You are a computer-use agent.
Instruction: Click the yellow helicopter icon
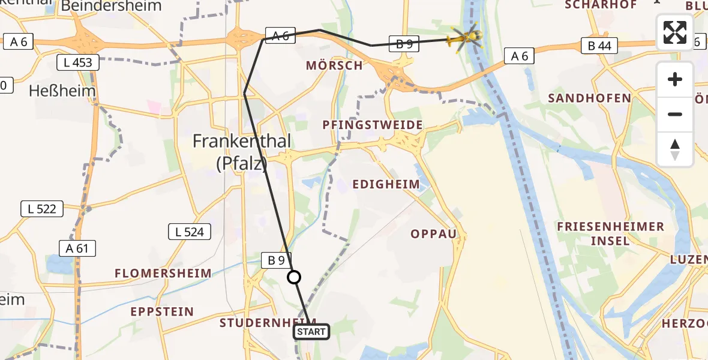[x=465, y=38]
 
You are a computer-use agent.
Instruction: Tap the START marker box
[x=311, y=332]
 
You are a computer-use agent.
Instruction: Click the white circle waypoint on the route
[x=294, y=277]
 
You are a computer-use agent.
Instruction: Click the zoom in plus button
[x=675, y=79]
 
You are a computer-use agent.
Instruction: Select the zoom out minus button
[x=675, y=114]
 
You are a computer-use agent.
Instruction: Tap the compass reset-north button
[x=675, y=149]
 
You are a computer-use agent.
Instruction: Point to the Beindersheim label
[x=112, y=7]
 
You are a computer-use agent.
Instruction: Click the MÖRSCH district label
[x=334, y=65]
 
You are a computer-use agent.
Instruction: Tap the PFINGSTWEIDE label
[x=372, y=125]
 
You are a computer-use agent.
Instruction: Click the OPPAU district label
[x=433, y=233]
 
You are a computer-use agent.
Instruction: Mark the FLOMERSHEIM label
[x=163, y=274]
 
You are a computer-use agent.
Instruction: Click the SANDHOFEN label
[x=589, y=98]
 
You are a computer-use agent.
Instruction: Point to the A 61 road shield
[x=77, y=248]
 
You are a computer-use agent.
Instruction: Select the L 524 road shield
[x=190, y=232]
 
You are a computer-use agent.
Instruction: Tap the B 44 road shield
[x=599, y=46]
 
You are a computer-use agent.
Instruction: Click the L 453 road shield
[x=79, y=62]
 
